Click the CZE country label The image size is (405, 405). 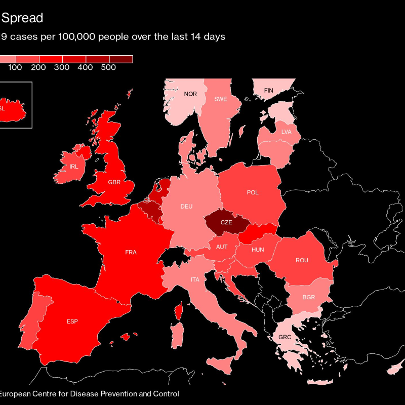coord(226,222)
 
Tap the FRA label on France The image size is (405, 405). coord(131,252)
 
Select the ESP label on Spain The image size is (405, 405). coord(72,321)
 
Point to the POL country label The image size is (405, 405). coord(253,192)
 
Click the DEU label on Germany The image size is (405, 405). coord(186,207)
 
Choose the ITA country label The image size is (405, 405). coord(195,279)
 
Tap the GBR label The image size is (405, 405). coord(114,182)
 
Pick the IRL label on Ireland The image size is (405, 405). coord(74,166)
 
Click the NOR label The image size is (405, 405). coord(190,94)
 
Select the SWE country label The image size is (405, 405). coord(220,99)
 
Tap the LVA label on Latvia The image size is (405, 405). coord(287,132)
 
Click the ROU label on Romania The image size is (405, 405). coord(302,260)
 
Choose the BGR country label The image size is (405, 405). coord(309,297)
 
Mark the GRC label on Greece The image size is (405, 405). coord(285,337)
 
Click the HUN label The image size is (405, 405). coord(258,250)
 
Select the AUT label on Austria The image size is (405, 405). coord(222,247)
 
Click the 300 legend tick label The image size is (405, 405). coord(62,68)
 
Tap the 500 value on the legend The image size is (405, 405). coord(108,68)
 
